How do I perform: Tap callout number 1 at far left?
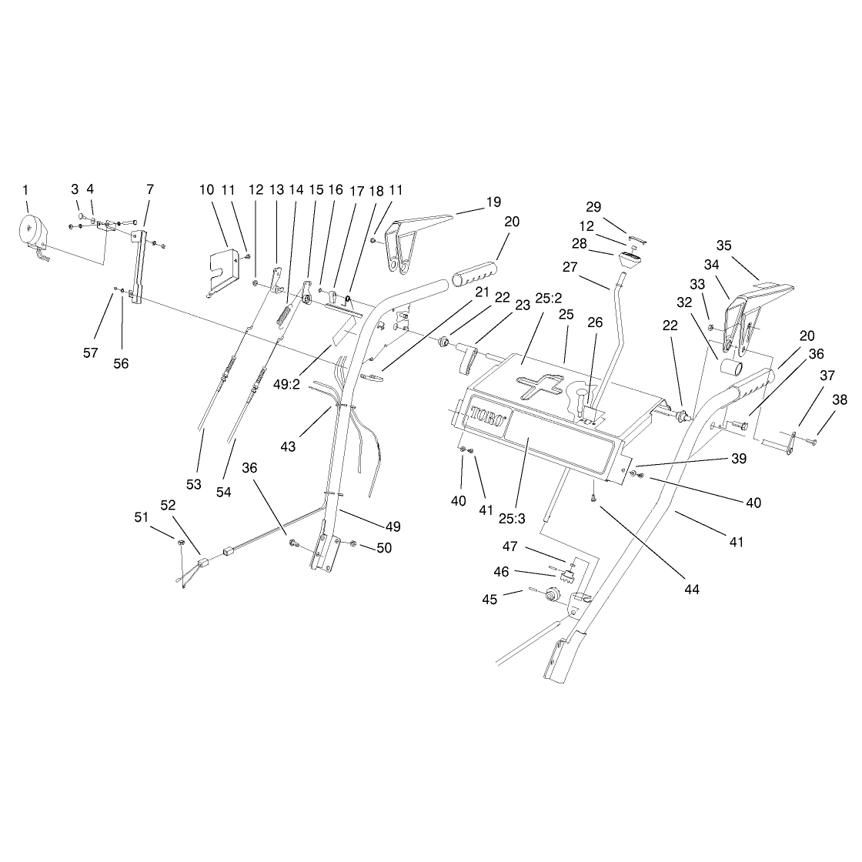(25, 190)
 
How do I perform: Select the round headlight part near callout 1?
(34, 231)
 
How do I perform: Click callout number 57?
(90, 353)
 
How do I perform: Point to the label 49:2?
(286, 384)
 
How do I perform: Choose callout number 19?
(493, 202)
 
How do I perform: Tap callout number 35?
(723, 246)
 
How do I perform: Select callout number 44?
(692, 590)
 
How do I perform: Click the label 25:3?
(513, 519)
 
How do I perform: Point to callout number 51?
(142, 517)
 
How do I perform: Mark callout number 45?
(489, 600)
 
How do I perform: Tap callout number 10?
(207, 190)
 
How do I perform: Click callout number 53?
(193, 484)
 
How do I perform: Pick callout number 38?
(840, 399)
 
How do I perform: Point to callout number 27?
(570, 267)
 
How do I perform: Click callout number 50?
(384, 548)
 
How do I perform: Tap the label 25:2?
(549, 299)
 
